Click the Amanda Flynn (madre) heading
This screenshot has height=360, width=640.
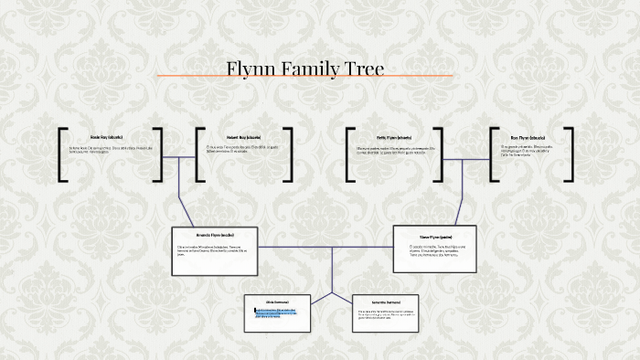point(216,234)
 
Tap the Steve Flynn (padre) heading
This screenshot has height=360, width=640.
point(436,235)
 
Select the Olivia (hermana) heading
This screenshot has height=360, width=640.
point(277,301)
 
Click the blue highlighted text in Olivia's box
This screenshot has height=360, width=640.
point(275,312)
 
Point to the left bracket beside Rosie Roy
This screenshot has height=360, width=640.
point(62,154)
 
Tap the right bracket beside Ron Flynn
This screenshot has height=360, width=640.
point(572,154)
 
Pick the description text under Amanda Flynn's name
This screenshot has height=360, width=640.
point(216,250)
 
